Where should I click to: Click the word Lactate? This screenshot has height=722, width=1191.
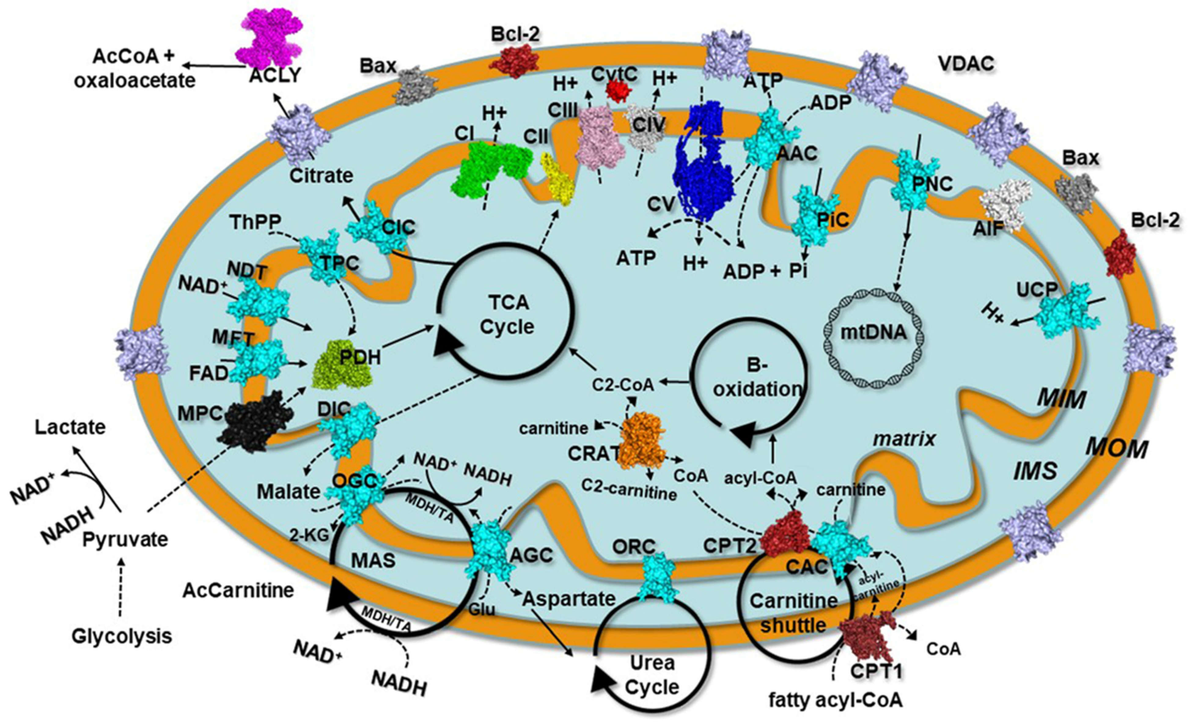pyautogui.click(x=70, y=427)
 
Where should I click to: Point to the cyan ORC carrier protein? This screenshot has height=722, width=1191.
pyautogui.click(x=660, y=580)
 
